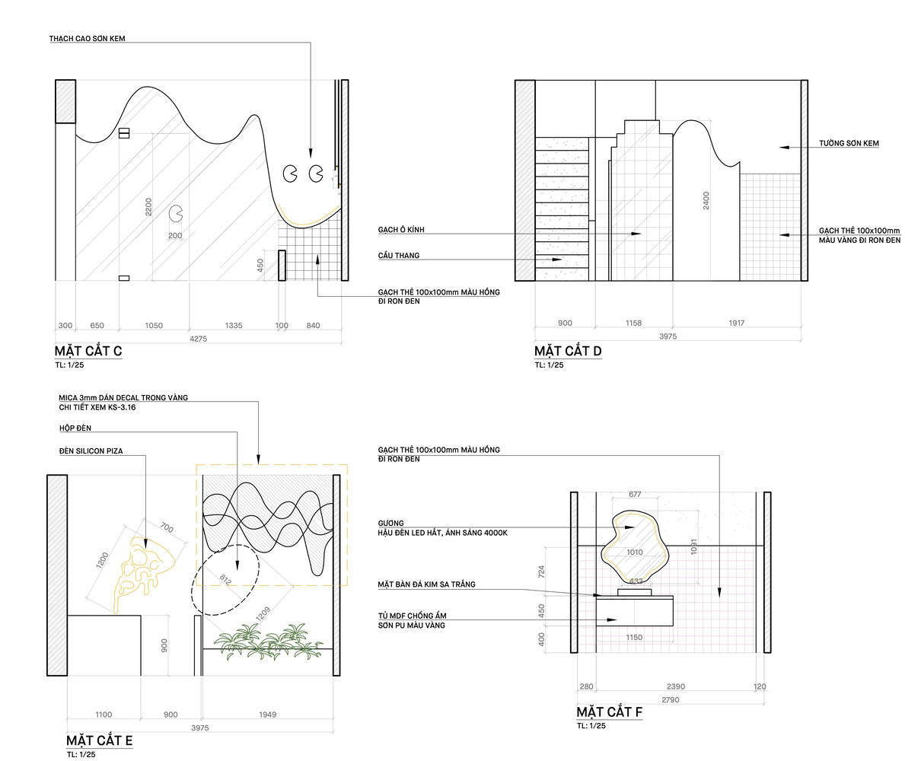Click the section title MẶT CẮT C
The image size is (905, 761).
(x=88, y=351)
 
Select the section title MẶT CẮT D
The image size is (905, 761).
(x=568, y=351)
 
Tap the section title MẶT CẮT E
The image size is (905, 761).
(x=99, y=740)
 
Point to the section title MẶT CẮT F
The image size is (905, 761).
(x=610, y=712)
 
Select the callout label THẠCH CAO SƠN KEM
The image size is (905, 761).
(x=88, y=39)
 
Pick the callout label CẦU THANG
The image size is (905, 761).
(x=399, y=256)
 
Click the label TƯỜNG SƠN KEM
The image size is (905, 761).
(x=849, y=143)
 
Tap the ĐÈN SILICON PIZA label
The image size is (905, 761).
(x=91, y=451)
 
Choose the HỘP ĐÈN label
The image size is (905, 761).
(x=75, y=428)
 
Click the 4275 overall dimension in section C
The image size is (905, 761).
(x=199, y=339)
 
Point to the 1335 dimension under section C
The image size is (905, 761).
(x=234, y=326)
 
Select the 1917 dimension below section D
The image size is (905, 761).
(x=737, y=323)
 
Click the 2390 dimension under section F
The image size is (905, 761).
(x=676, y=686)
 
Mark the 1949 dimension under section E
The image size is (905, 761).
(x=268, y=715)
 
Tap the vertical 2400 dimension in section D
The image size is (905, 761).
(x=706, y=200)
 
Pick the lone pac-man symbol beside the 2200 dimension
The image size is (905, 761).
(x=176, y=214)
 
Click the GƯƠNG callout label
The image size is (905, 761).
(x=390, y=524)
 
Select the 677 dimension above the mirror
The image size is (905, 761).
(x=635, y=495)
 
